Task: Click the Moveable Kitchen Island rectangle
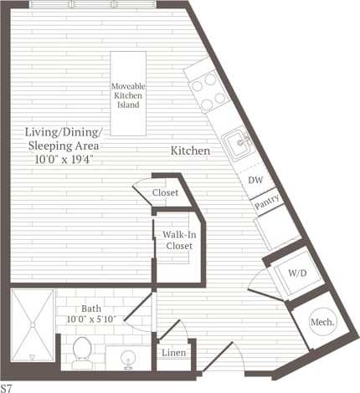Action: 128,94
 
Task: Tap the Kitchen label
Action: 190,151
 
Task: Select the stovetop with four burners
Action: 208,88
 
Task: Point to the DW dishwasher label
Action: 257,180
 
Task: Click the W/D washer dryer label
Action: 297,272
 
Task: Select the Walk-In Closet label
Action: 177,240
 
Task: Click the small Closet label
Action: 166,193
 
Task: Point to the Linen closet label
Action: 173,353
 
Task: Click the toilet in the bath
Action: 82,351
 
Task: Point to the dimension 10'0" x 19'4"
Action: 64,158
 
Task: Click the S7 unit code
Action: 7,387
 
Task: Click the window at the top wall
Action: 99,4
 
